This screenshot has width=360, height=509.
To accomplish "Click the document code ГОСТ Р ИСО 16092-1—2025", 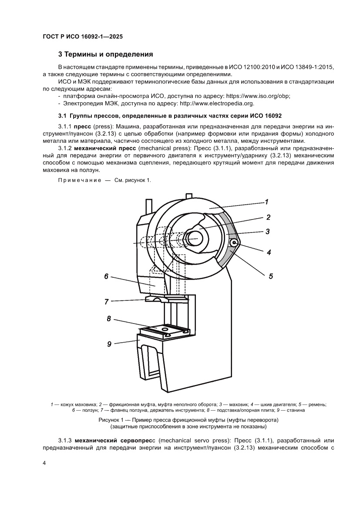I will point(82,37).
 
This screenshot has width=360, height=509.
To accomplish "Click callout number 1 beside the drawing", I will point(266,202).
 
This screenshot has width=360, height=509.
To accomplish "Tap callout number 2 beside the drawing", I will point(269,217).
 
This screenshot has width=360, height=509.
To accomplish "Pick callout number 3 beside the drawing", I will point(268,231).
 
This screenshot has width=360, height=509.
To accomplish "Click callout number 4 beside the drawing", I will point(269,252).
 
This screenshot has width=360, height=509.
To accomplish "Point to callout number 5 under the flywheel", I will point(270,276).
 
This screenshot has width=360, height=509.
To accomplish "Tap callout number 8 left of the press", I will point(109,319).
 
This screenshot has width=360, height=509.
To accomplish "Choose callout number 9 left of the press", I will point(109,344).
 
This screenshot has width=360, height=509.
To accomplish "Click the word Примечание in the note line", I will point(78,181).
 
